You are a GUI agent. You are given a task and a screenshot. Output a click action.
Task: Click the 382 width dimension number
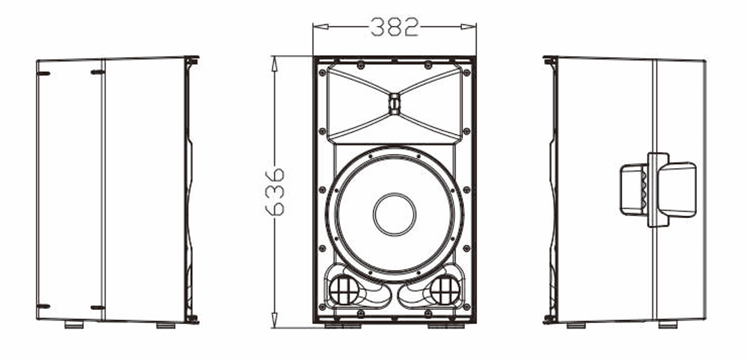click(x=395, y=26)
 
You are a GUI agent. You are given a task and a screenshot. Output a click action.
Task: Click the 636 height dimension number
click(x=275, y=191)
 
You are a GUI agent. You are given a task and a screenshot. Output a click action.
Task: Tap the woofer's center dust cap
click(x=395, y=214)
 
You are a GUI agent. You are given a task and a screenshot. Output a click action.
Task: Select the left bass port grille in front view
click(x=343, y=289)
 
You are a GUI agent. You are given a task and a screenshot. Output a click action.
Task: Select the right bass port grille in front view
click(x=445, y=289)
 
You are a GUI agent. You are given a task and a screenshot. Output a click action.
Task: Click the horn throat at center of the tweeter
click(x=395, y=104)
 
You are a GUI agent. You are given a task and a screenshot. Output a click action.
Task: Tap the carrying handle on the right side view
click(x=659, y=189)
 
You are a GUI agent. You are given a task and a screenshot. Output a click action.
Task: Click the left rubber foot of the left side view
click(x=73, y=325)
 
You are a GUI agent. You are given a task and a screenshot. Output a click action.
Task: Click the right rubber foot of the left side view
click(x=166, y=325)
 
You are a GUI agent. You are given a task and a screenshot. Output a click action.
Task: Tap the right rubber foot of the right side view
click(x=668, y=325)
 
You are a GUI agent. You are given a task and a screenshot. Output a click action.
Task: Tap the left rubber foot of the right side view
click(x=576, y=325)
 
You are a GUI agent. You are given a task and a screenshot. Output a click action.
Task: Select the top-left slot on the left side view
click(x=43, y=73)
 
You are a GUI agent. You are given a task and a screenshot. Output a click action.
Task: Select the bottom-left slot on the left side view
click(x=43, y=306)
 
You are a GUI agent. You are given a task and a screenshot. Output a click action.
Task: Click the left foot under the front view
click(x=343, y=326)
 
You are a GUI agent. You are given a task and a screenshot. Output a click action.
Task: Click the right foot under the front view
click(x=446, y=326)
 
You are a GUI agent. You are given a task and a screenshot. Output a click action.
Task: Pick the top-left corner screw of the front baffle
click(x=322, y=72)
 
